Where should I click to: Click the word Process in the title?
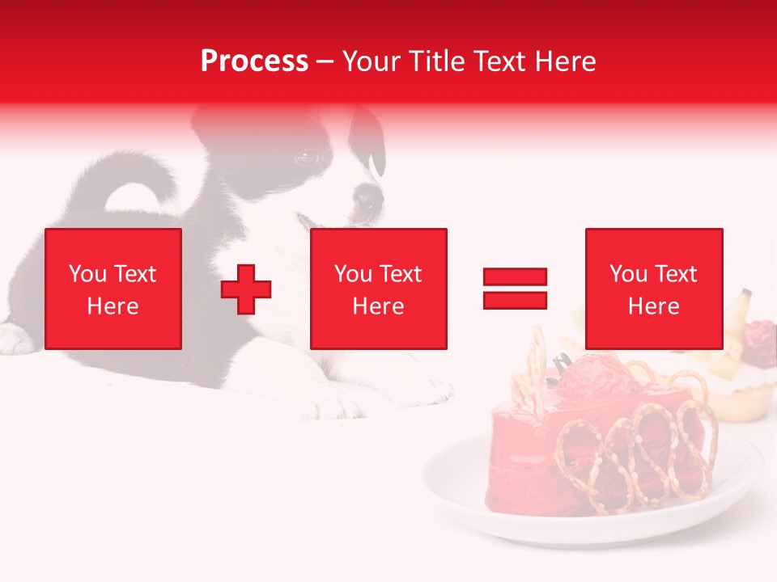pos(254,61)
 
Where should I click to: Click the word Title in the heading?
pos(431,61)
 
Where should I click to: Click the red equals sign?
pos(516,289)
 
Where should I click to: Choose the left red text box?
pos(113,289)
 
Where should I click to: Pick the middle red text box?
pos(379,289)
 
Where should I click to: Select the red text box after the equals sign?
pos(654,289)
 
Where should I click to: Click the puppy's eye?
pos(308,158)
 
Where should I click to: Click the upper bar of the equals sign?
pos(516,277)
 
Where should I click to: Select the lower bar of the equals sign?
pos(516,300)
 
